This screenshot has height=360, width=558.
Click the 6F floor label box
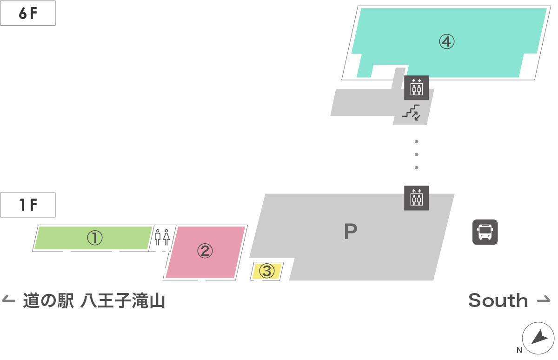click(28, 14)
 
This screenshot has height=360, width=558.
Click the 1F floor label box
click(28, 205)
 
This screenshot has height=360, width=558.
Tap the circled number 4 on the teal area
click(446, 42)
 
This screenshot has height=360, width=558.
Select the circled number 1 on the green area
click(94, 238)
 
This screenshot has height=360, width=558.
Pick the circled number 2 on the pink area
click(205, 251)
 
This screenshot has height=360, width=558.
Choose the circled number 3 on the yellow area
click(266, 271)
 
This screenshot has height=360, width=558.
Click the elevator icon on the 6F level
click(416, 87)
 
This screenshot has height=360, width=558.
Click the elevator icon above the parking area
click(416, 198)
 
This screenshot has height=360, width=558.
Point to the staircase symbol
click(411, 112)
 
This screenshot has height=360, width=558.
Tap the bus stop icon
click(485, 232)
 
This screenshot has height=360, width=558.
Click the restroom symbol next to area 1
click(162, 237)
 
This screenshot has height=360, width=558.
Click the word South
click(498, 300)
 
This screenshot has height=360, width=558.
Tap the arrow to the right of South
click(544, 300)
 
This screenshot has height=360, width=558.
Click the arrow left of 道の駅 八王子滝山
click(9, 300)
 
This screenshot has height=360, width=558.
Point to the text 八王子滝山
click(123, 301)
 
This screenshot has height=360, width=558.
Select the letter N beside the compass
click(519, 350)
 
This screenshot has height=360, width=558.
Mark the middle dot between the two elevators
click(417, 154)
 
